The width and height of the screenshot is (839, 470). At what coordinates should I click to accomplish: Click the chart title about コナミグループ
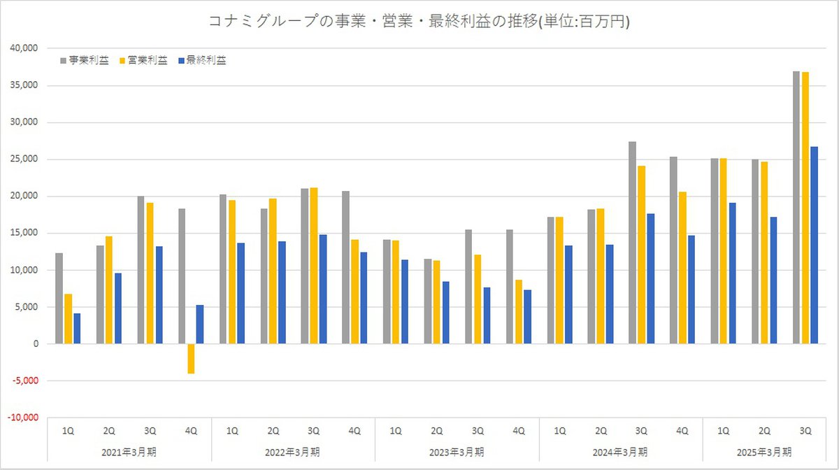coord(419,22)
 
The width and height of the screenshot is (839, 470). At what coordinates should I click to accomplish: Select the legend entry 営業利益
coord(148,61)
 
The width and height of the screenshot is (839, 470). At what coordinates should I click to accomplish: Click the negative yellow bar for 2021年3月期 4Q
coord(190,359)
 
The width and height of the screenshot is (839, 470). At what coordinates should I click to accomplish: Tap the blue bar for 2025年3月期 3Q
coord(813,245)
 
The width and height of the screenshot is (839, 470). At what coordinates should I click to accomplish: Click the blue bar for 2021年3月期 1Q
coord(77,329)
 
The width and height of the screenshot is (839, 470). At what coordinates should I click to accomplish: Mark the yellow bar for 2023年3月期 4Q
coord(517,312)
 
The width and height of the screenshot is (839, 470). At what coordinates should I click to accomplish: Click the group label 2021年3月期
coord(129,451)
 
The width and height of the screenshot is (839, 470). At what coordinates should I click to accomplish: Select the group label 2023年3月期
coord(457,451)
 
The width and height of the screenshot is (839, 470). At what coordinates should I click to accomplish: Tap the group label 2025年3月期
coord(764,451)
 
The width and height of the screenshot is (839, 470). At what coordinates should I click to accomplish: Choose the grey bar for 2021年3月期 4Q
coord(182,276)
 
